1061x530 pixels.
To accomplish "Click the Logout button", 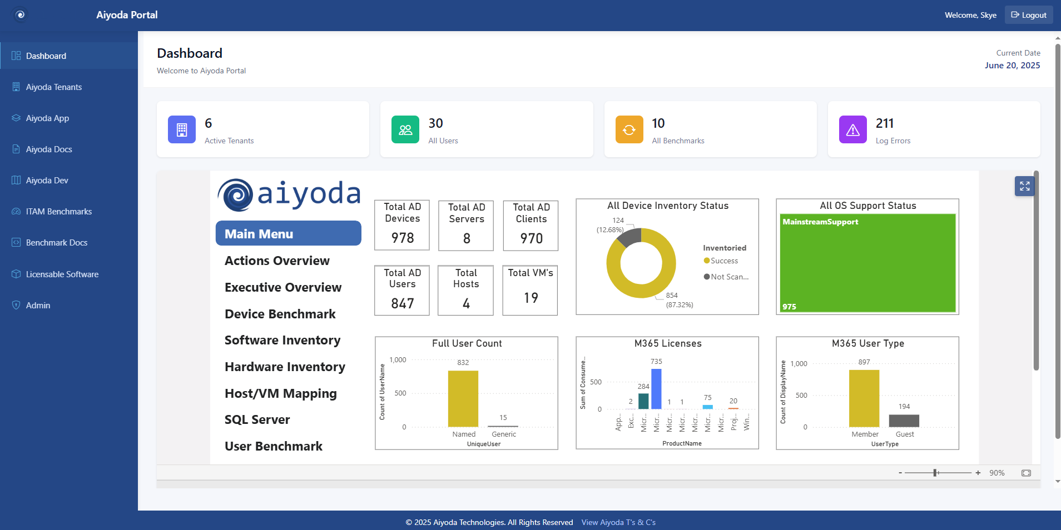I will click(1029, 15).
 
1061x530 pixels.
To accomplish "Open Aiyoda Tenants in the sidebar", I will click(53, 87).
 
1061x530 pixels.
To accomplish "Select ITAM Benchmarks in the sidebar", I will click(58, 212).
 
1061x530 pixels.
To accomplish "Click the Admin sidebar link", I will click(38, 306).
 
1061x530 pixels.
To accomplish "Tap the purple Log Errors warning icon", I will click(852, 129).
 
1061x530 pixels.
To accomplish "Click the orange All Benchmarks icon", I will click(629, 129).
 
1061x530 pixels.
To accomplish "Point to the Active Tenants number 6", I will click(209, 123).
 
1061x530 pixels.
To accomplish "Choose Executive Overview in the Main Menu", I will click(282, 287).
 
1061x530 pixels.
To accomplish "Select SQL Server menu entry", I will click(257, 419).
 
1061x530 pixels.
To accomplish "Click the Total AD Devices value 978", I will click(403, 238).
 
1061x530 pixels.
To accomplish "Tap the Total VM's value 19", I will click(530, 298).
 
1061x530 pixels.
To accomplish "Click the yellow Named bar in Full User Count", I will click(463, 398).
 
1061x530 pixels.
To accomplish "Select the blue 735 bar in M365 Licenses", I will click(656, 389).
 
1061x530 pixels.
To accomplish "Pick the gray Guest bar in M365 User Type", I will click(904, 421).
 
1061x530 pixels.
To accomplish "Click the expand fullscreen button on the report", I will click(1024, 186).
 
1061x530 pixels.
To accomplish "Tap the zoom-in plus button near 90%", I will click(978, 473).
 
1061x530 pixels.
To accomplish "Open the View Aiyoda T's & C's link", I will click(618, 522).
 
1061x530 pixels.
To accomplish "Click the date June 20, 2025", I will click(1012, 66).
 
